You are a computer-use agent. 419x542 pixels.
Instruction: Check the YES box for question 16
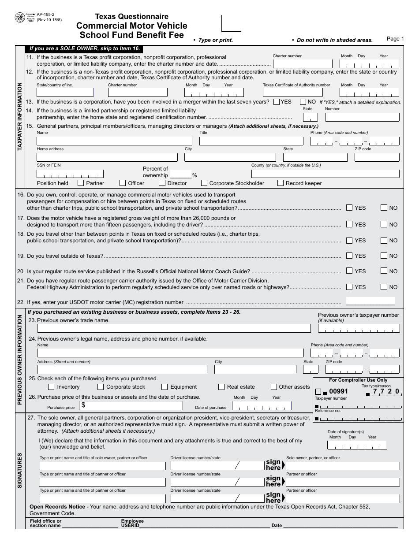(x=349, y=208)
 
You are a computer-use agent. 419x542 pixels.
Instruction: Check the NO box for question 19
(x=384, y=256)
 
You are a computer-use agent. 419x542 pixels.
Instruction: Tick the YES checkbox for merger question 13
(x=277, y=102)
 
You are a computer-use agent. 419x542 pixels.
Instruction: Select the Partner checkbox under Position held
(x=81, y=183)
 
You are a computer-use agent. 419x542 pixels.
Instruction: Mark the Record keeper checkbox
(x=281, y=183)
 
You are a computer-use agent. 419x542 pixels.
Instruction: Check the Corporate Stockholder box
(x=204, y=183)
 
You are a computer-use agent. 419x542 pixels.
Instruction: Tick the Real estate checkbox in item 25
(x=221, y=387)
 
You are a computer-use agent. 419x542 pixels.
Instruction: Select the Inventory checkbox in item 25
(x=51, y=387)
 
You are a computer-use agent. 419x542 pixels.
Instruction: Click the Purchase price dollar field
(x=131, y=405)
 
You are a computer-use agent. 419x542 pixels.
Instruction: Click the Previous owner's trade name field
(x=174, y=328)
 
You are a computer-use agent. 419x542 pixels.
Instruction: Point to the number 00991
(x=339, y=391)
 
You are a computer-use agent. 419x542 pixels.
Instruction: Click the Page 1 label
(x=395, y=39)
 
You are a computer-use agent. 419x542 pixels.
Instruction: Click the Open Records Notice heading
(x=57, y=507)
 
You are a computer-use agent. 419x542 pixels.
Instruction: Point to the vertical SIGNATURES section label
(x=20, y=471)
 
